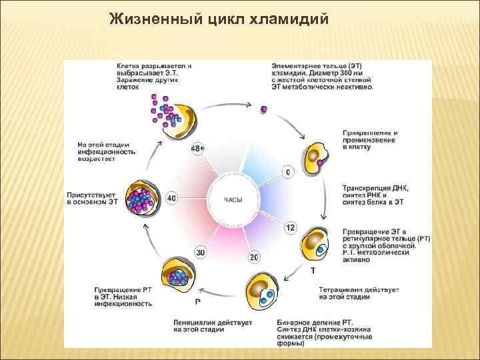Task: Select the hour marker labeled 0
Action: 288,173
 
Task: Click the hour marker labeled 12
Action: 290,227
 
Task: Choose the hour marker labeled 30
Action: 201,252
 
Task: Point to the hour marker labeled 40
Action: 171,199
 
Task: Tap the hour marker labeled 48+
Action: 198,148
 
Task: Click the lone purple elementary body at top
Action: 264,109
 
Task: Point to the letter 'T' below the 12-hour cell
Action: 313,271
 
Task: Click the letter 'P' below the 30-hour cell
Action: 198,302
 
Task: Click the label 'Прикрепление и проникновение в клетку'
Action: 370,140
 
